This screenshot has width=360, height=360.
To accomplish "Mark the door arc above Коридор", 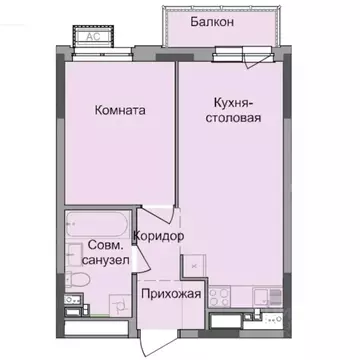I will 152,216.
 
